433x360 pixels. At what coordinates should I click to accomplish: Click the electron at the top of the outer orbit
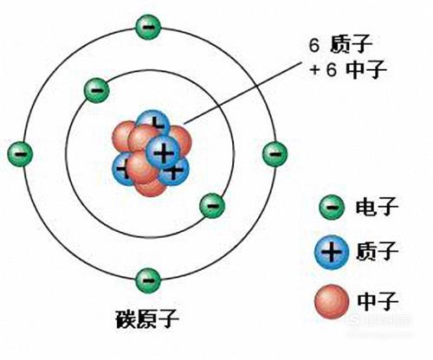[x=148, y=28]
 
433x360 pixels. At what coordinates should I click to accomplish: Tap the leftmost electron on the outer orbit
[x=20, y=154]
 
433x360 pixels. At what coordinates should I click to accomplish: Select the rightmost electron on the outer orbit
[x=275, y=154]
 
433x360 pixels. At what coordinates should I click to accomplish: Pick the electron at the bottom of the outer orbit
[x=148, y=280]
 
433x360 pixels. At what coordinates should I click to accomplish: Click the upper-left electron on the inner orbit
[x=97, y=90]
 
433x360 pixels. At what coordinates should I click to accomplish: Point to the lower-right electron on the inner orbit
[x=212, y=206]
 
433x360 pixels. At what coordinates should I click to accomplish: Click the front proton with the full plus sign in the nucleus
[x=163, y=153]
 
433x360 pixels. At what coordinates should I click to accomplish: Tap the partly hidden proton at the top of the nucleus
[x=153, y=121]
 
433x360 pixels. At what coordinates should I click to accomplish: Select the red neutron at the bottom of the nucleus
[x=151, y=189]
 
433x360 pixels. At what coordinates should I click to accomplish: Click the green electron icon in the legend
[x=332, y=207]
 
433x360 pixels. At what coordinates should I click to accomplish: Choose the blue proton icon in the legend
[x=332, y=253]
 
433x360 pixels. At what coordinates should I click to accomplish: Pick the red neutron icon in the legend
[x=332, y=301]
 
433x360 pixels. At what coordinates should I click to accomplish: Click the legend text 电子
[x=377, y=207]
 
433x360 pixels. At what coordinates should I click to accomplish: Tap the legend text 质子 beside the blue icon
[x=377, y=251]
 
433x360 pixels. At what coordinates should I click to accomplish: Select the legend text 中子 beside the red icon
[x=377, y=300]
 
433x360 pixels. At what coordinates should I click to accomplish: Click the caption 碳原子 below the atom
[x=147, y=319]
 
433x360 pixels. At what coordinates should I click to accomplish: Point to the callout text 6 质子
[x=340, y=45]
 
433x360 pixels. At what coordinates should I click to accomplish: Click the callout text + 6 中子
[x=348, y=69]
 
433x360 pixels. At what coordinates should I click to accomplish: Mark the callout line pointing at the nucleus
[x=242, y=93]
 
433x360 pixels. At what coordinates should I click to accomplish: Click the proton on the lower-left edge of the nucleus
[x=120, y=170]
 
